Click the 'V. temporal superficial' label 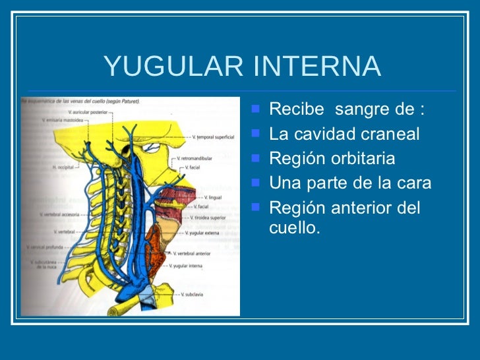pyautogui.click(x=213, y=137)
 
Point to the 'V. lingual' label pyautogui.click(x=213, y=197)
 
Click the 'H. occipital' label pyautogui.click(x=64, y=167)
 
